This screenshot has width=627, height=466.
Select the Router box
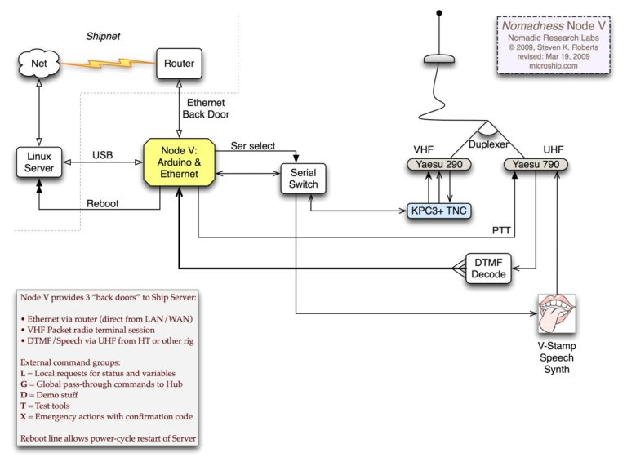(x=178, y=63)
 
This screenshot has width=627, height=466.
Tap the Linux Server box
(x=38, y=161)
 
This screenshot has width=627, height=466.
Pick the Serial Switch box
(x=303, y=178)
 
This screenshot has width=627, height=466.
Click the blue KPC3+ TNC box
(x=439, y=210)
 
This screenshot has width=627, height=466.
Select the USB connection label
(x=102, y=155)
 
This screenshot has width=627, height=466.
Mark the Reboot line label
(x=102, y=204)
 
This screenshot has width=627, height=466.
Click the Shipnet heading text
(x=103, y=37)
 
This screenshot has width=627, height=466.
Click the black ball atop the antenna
(x=440, y=13)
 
